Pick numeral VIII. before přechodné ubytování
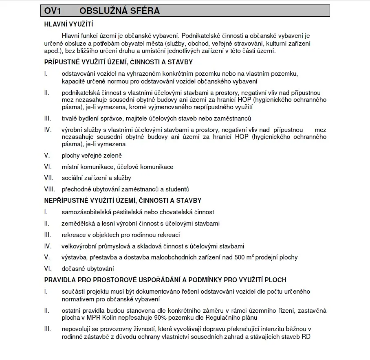[50, 189]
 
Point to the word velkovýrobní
[79, 246]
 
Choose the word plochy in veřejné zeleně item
[71, 156]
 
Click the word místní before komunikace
[70, 167]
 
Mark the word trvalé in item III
[70, 119]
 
